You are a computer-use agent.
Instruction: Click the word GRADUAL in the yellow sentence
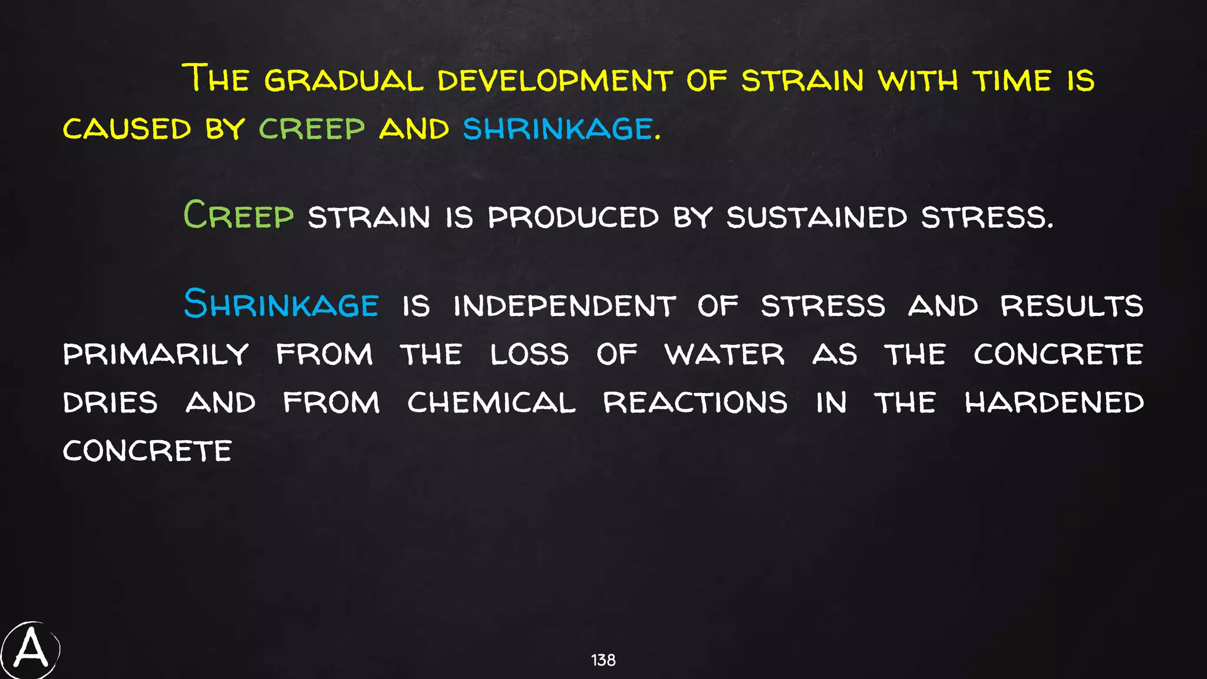pos(344,81)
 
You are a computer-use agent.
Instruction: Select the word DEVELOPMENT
pos(555,81)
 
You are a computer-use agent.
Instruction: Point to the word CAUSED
pos(127,129)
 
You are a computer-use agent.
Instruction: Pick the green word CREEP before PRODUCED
pos(239,215)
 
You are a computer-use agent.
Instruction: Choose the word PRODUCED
pos(573,217)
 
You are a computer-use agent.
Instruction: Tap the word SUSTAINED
pos(816,217)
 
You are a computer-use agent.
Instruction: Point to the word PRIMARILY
pos(156,355)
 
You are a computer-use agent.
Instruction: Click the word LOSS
pos(529,355)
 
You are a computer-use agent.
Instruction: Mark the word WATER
pos(724,355)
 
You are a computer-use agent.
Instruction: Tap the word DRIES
pos(111,403)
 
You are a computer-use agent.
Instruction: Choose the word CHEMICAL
pos(491,403)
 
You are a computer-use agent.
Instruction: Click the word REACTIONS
pos(695,403)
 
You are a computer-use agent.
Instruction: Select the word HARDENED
pos(1054,403)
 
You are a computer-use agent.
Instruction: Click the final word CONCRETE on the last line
pos(147,451)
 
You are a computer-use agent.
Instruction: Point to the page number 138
pos(603,660)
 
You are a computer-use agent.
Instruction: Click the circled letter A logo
pos(31,650)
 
